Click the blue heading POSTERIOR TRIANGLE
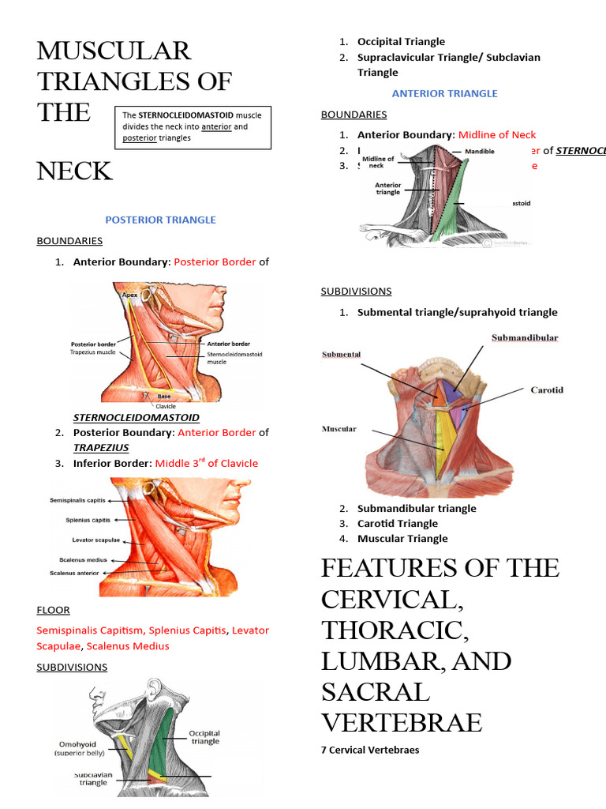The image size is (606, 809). click(x=160, y=220)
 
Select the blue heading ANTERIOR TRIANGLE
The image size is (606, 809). click(x=444, y=93)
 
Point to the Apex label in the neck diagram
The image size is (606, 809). click(x=130, y=295)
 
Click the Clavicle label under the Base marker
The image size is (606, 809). click(x=166, y=406)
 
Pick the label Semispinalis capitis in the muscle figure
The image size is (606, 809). click(x=77, y=500)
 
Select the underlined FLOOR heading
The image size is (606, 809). click(x=53, y=610)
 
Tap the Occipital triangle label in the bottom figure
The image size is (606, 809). click(x=204, y=737)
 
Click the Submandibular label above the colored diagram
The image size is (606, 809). click(x=524, y=338)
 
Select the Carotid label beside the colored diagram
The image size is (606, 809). click(x=547, y=390)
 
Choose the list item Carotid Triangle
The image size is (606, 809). click(x=397, y=523)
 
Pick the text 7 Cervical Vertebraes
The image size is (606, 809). click(x=370, y=750)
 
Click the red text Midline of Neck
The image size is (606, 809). click(x=496, y=135)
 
